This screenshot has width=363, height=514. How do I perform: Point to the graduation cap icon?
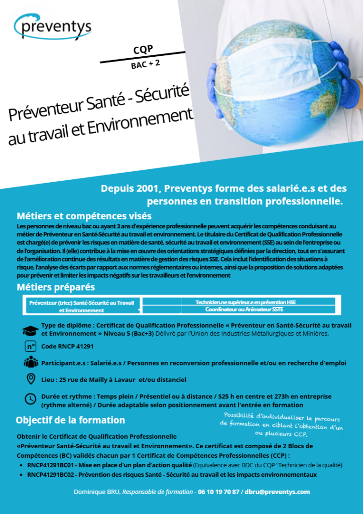31,330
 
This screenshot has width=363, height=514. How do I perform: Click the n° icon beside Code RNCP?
31,346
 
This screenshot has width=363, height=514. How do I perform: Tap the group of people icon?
31,362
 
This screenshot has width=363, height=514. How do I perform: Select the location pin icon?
31,379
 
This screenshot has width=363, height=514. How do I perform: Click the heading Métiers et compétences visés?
84,216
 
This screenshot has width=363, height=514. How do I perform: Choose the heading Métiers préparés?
56,287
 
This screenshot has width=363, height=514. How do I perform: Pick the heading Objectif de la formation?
70,420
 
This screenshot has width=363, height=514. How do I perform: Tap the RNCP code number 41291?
83,346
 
